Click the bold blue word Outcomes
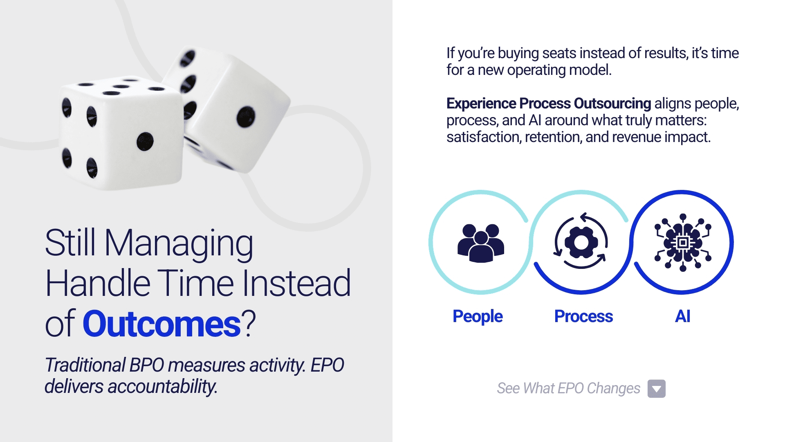tap(161, 324)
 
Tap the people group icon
tap(481, 243)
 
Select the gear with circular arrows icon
tap(581, 241)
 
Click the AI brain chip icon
tap(682, 242)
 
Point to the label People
tap(478, 317)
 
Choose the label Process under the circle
tap(583, 316)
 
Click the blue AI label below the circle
tap(682, 316)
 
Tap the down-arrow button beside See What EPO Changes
tap(656, 388)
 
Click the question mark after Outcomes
tap(248, 323)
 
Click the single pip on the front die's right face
tap(145, 142)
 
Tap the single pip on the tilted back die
tap(246, 117)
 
